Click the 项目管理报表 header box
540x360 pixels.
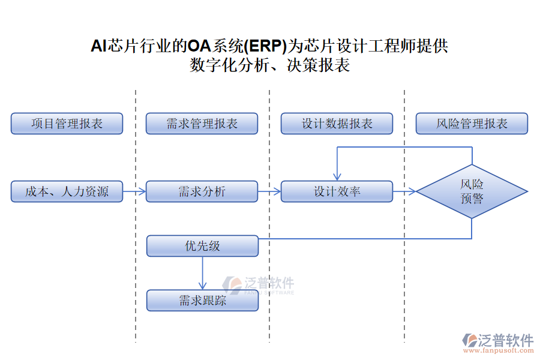[67, 124]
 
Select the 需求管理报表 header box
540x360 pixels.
[202, 124]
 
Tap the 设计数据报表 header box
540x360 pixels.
[337, 124]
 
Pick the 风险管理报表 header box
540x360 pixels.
[472, 124]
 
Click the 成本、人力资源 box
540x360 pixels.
[67, 191]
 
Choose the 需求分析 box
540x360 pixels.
[202, 191]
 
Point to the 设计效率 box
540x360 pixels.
[337, 191]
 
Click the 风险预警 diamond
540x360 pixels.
[472, 191]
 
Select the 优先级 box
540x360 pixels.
[202, 246]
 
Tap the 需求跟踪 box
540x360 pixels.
[202, 300]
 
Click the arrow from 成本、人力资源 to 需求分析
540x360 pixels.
[134, 191]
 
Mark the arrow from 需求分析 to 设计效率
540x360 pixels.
[269, 191]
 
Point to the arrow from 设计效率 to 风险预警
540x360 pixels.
[404, 191]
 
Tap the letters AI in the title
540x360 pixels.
[98, 46]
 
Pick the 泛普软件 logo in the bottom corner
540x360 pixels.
[497, 340]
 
